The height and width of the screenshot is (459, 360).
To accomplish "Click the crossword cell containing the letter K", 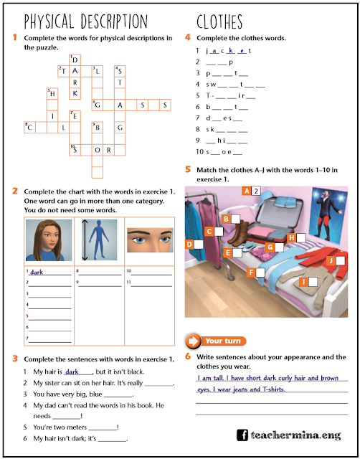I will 75,93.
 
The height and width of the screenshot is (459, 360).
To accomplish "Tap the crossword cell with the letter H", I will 52,93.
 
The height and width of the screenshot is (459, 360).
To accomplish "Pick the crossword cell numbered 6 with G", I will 98,105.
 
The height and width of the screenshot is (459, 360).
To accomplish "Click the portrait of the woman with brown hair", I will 48,240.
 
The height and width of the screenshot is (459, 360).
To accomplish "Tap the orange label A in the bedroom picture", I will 247,191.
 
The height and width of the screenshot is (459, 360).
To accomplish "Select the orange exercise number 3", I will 15,359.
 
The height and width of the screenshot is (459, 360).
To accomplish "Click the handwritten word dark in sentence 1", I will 72,372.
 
